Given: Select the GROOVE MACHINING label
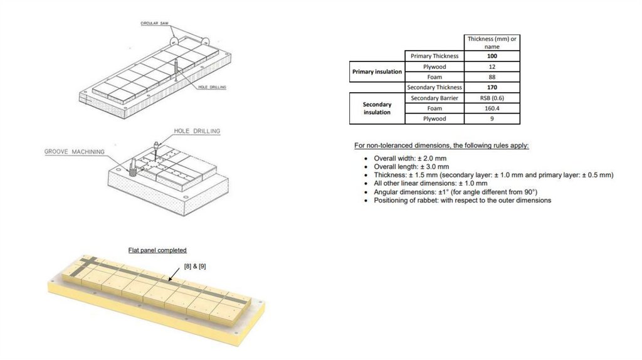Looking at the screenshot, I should coord(73,152).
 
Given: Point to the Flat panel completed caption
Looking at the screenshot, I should coord(157,250).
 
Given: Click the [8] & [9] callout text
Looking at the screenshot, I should coord(194,266).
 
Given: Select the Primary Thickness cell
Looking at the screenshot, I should coord(434,56).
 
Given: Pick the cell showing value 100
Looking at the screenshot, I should coord(492,56).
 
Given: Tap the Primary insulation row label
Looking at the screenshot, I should coord(377,71).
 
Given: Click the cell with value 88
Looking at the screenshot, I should coord(492,77).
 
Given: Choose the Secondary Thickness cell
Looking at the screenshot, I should coord(434,87).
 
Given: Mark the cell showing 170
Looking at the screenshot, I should coord(492,87).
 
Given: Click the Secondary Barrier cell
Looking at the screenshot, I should coord(434,98).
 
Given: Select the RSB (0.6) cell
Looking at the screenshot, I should coord(492,98).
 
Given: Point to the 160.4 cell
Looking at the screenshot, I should coord(492,108).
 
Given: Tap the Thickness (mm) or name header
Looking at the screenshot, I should coord(492,42).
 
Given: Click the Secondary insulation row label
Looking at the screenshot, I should coord(377,108).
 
